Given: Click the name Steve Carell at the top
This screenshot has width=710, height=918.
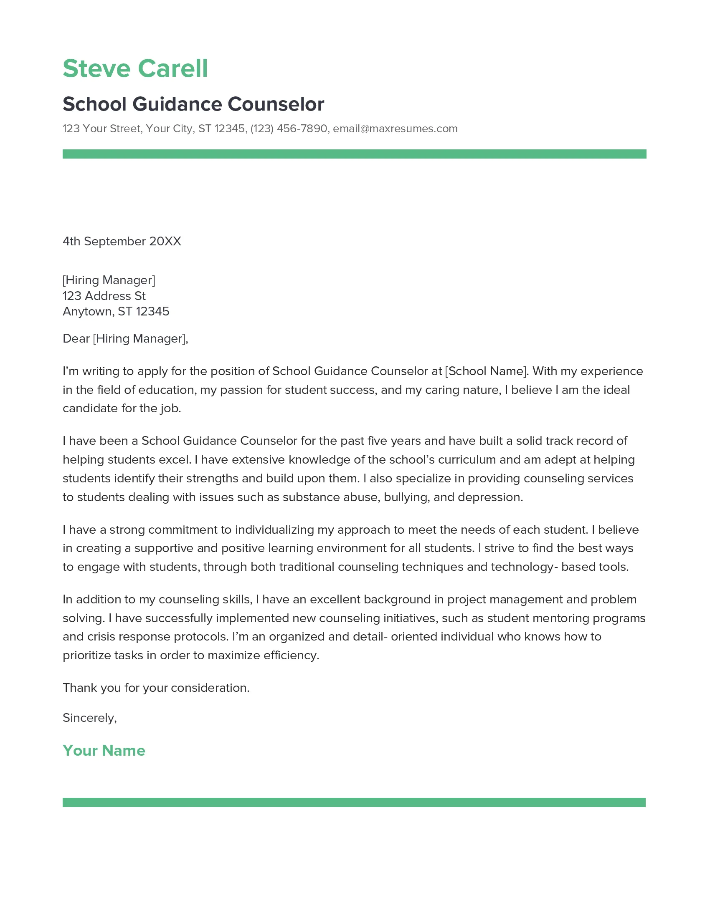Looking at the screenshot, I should tap(135, 68).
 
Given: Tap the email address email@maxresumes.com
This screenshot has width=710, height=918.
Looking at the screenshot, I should tap(395, 129).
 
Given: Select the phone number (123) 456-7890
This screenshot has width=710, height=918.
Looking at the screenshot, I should tap(289, 129).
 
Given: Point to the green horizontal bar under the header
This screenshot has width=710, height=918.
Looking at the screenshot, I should tap(354, 154).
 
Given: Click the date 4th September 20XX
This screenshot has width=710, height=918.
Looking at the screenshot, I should tap(122, 241).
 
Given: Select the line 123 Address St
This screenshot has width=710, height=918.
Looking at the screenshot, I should tap(104, 296).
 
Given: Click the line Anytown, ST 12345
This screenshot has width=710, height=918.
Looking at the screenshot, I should tap(116, 311).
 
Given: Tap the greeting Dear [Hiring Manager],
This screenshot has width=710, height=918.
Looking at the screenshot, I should tap(125, 338).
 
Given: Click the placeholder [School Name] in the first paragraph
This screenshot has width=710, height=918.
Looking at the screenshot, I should tap(486, 371).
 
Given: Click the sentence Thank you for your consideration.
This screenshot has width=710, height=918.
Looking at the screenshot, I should tap(156, 688).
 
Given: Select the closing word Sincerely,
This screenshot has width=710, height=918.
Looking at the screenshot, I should tap(90, 718).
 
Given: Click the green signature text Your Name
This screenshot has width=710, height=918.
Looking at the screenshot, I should tap(104, 751).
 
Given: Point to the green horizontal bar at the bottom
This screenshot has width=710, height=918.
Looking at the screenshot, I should tap(354, 802).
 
